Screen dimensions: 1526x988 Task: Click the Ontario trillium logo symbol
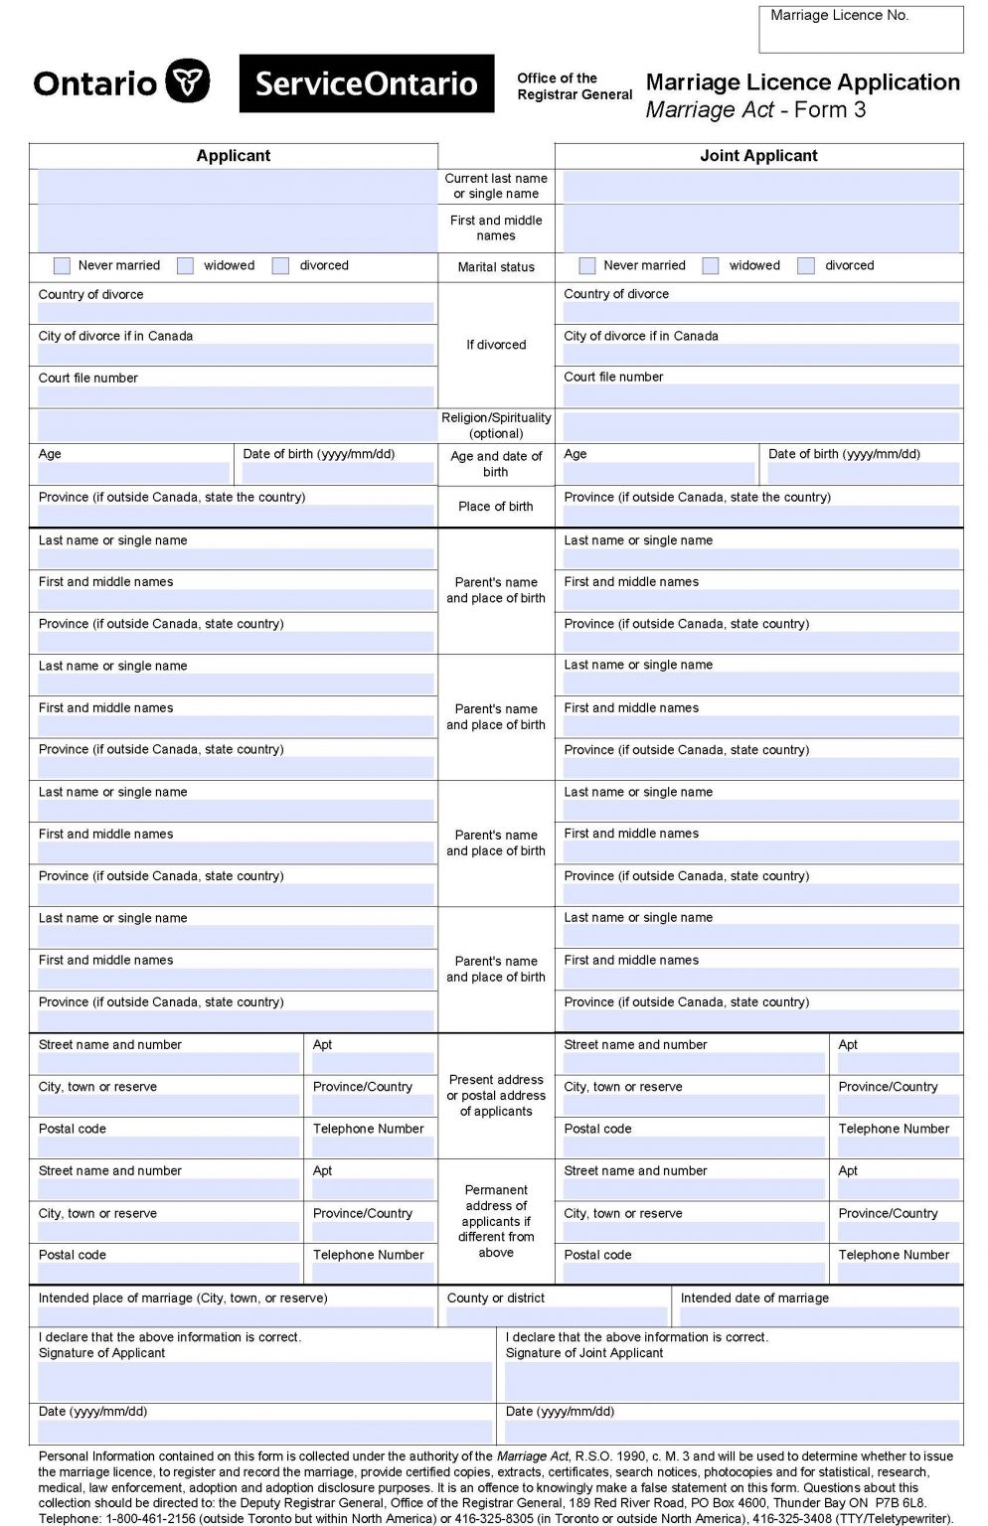(x=187, y=81)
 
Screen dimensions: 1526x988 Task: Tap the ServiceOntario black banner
(x=366, y=83)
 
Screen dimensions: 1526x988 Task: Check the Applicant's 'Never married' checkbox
(x=62, y=266)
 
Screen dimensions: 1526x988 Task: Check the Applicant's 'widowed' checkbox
(x=185, y=266)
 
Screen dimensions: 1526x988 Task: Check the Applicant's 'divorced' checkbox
(x=281, y=266)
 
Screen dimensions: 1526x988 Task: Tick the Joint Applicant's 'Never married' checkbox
(x=587, y=266)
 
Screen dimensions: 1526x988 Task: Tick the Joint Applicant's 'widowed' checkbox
(x=711, y=266)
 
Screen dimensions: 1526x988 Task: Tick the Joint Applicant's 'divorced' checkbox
(x=806, y=266)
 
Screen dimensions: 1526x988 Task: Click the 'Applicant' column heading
(x=234, y=156)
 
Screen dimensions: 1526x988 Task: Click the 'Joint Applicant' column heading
(x=758, y=156)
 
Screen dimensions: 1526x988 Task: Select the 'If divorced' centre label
(x=496, y=345)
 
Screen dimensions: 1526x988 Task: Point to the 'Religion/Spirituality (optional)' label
(x=496, y=425)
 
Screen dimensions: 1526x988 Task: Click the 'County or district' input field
(x=557, y=1316)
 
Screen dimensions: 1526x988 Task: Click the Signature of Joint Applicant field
(x=732, y=1381)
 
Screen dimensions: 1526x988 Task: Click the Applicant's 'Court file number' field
(x=236, y=396)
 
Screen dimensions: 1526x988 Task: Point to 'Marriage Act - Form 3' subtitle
(x=755, y=110)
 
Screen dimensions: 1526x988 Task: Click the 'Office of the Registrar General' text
(x=575, y=86)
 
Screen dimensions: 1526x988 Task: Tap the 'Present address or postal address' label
(x=496, y=1095)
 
